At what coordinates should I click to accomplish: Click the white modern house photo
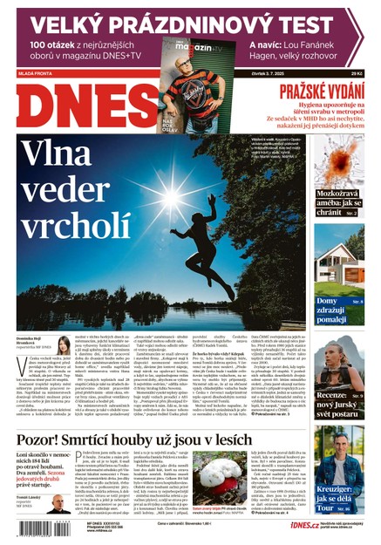(x=339, y=252)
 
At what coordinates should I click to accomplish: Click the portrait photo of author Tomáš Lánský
(x=58, y=504)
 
